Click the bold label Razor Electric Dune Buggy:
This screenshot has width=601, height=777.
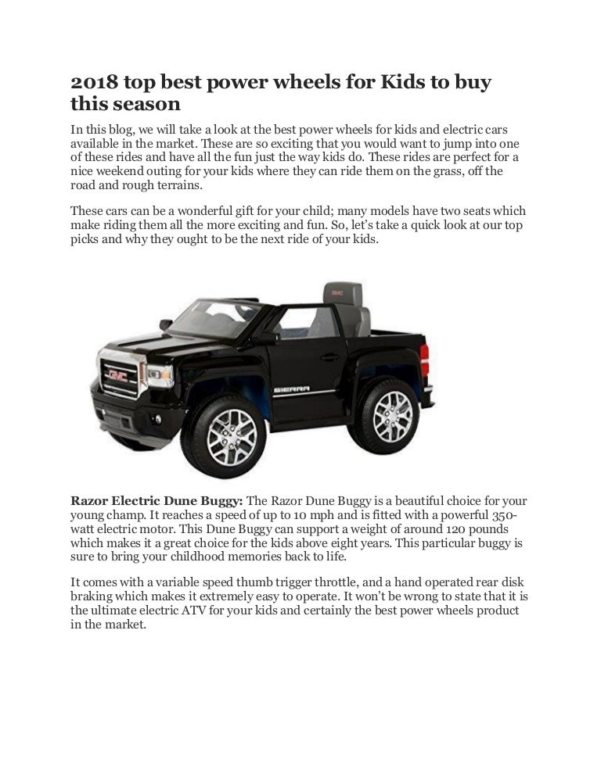click(x=157, y=500)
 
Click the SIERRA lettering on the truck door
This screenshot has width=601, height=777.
click(x=292, y=388)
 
